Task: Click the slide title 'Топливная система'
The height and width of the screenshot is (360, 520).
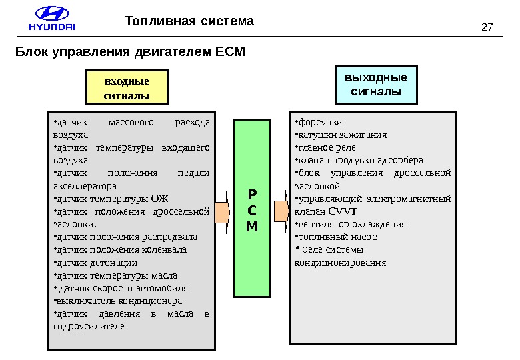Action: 190,21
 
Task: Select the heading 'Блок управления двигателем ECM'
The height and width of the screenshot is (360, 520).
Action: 131,51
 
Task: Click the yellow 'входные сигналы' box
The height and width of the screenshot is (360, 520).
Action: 127,89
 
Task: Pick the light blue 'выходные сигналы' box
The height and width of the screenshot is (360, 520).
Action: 375,84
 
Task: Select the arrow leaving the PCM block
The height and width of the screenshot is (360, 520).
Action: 281,208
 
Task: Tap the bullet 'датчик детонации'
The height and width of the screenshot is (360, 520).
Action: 97,263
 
